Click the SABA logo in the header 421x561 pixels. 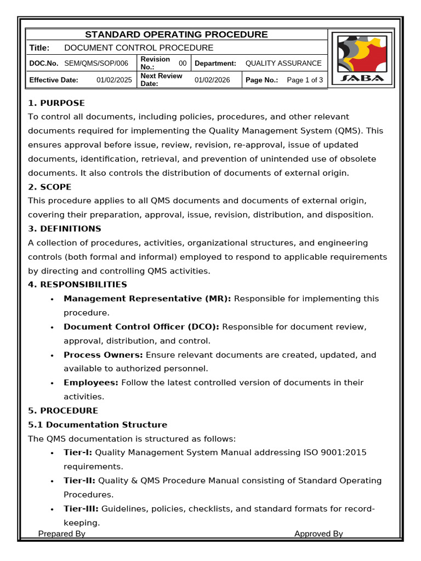pyautogui.click(x=361, y=59)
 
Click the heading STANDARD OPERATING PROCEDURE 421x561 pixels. pyautogui.click(x=176, y=35)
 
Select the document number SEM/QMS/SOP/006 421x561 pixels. pyautogui.click(x=96, y=64)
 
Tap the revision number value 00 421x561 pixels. pyautogui.click(x=183, y=64)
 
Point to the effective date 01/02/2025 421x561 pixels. pyautogui.click(x=114, y=80)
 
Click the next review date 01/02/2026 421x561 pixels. pyautogui.click(x=212, y=80)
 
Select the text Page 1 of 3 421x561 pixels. pyautogui.click(x=305, y=80)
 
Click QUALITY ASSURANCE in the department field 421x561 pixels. pyautogui.click(x=283, y=64)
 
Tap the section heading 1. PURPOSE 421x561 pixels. pyautogui.click(x=56, y=103)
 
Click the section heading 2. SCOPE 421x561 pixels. pyautogui.click(x=50, y=187)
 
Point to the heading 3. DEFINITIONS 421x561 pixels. pyautogui.click(x=65, y=228)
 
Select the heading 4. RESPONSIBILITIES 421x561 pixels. pyautogui.click(x=77, y=284)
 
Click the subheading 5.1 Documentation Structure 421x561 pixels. pyautogui.click(x=98, y=425)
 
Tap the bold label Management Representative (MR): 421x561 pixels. pyautogui.click(x=147, y=299)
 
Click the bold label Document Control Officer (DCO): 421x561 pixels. pyautogui.click(x=141, y=327)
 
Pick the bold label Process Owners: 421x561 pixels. pyautogui.click(x=104, y=355)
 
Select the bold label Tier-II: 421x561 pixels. pyautogui.click(x=79, y=480)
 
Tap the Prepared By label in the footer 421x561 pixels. pyautogui.click(x=62, y=534)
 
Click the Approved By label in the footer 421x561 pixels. pyautogui.click(x=318, y=534)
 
